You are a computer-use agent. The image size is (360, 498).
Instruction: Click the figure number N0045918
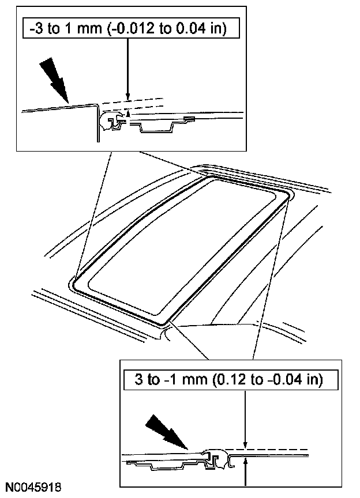pos(33,486)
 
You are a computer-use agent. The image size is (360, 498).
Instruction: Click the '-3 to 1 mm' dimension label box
pos(131,29)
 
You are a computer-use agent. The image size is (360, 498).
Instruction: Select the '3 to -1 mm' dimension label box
pos(231,379)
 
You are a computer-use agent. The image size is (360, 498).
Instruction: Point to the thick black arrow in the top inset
pos(54,80)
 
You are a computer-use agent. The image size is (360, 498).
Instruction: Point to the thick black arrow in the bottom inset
pos(167,432)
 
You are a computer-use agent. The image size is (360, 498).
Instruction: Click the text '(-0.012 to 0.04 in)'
pos(167,29)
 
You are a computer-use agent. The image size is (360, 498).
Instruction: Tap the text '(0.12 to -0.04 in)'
pos(268,379)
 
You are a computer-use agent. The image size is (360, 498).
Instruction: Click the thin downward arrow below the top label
pos(128,69)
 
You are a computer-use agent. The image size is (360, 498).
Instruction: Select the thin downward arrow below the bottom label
pos(245,419)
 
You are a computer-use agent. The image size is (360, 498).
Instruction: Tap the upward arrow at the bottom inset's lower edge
pos(245,473)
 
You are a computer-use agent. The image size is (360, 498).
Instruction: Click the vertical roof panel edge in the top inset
pos(97,123)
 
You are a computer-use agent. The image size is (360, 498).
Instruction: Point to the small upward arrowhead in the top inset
pos(128,113)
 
